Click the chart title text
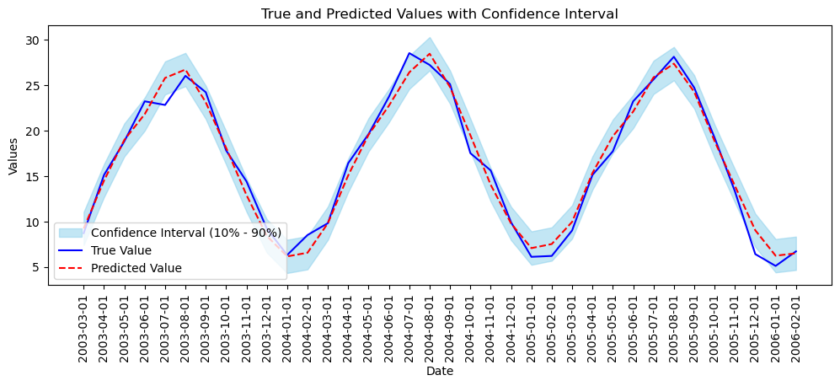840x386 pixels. tap(439, 13)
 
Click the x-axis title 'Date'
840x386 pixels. tap(439, 371)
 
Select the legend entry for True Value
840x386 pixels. tap(121, 250)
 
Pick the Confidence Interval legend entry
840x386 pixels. tap(185, 233)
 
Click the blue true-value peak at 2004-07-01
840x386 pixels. tap(409, 53)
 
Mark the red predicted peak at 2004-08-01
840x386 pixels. tap(430, 54)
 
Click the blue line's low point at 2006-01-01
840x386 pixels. tap(776, 266)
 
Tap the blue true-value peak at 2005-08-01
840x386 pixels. tap(674, 56)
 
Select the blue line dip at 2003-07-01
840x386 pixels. tap(165, 105)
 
